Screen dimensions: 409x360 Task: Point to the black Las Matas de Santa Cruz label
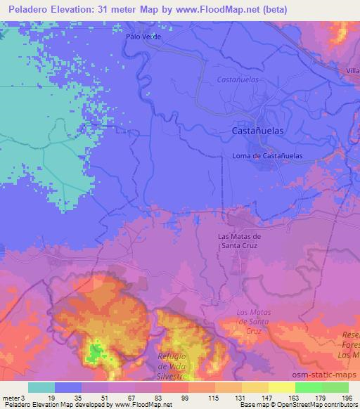239,241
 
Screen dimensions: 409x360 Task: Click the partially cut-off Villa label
352,72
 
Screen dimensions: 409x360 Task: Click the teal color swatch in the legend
41,387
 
